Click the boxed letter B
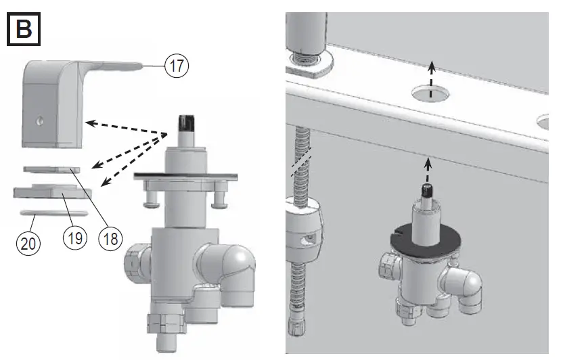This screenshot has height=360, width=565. pyautogui.click(x=24, y=29)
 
